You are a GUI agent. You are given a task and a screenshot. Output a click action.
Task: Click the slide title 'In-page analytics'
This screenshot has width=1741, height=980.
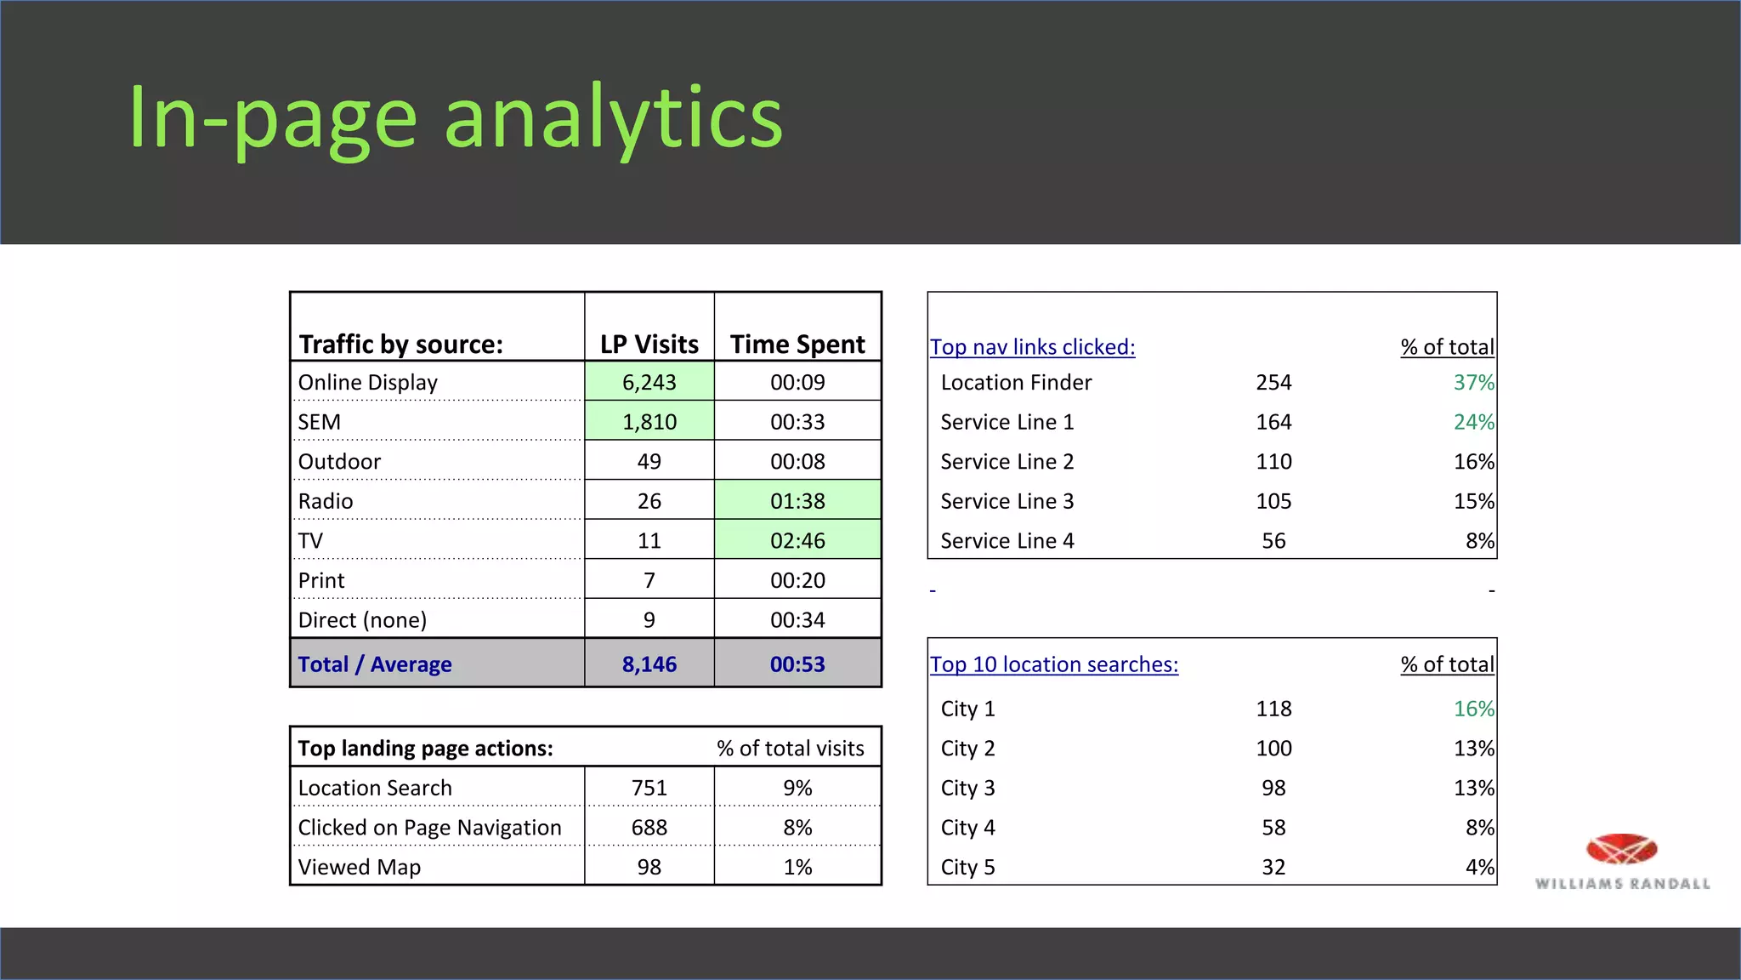coord(455,119)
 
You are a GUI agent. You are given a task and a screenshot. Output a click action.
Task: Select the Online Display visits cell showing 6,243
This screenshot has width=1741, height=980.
coord(649,383)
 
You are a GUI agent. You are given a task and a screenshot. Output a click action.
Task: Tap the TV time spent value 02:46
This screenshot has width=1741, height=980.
coord(797,541)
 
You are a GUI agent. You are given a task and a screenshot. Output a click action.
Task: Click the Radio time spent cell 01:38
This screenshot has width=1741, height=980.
coord(797,501)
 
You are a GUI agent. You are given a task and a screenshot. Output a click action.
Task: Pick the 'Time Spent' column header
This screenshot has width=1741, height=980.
coord(797,345)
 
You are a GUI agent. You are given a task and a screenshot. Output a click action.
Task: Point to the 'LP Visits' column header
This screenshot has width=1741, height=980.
coord(649,345)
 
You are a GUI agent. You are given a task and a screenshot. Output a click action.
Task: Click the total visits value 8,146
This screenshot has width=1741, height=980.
coord(649,664)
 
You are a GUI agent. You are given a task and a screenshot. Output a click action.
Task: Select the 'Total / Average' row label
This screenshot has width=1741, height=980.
coord(375,664)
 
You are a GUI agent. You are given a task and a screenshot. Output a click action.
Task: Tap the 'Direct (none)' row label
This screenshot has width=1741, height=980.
coord(362,620)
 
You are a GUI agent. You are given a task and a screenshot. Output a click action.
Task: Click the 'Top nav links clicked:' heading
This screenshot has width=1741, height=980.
coord(1032,347)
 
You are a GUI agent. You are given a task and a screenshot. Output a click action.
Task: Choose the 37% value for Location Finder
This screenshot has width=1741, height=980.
coord(1473,383)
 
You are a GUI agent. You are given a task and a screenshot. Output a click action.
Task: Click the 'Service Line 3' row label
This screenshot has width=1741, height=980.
coord(1007,501)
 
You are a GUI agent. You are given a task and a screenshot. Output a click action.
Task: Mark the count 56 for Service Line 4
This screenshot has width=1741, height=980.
coord(1273,541)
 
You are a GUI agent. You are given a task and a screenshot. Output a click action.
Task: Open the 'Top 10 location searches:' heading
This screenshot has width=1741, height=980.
coord(1054,664)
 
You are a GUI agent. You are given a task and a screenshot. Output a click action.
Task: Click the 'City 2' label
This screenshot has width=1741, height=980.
coord(967,749)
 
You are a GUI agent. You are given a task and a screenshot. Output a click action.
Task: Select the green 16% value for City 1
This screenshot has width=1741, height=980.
coord(1473,709)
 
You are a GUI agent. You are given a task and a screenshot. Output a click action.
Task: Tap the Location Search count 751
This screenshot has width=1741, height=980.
coord(649,788)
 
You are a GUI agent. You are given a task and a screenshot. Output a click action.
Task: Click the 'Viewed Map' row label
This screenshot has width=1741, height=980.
coord(360,867)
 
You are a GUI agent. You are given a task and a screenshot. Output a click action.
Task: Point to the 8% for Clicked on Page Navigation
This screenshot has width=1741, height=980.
coord(797,828)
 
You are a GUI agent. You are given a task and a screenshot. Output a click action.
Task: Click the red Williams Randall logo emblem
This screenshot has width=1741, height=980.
coord(1621,849)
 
